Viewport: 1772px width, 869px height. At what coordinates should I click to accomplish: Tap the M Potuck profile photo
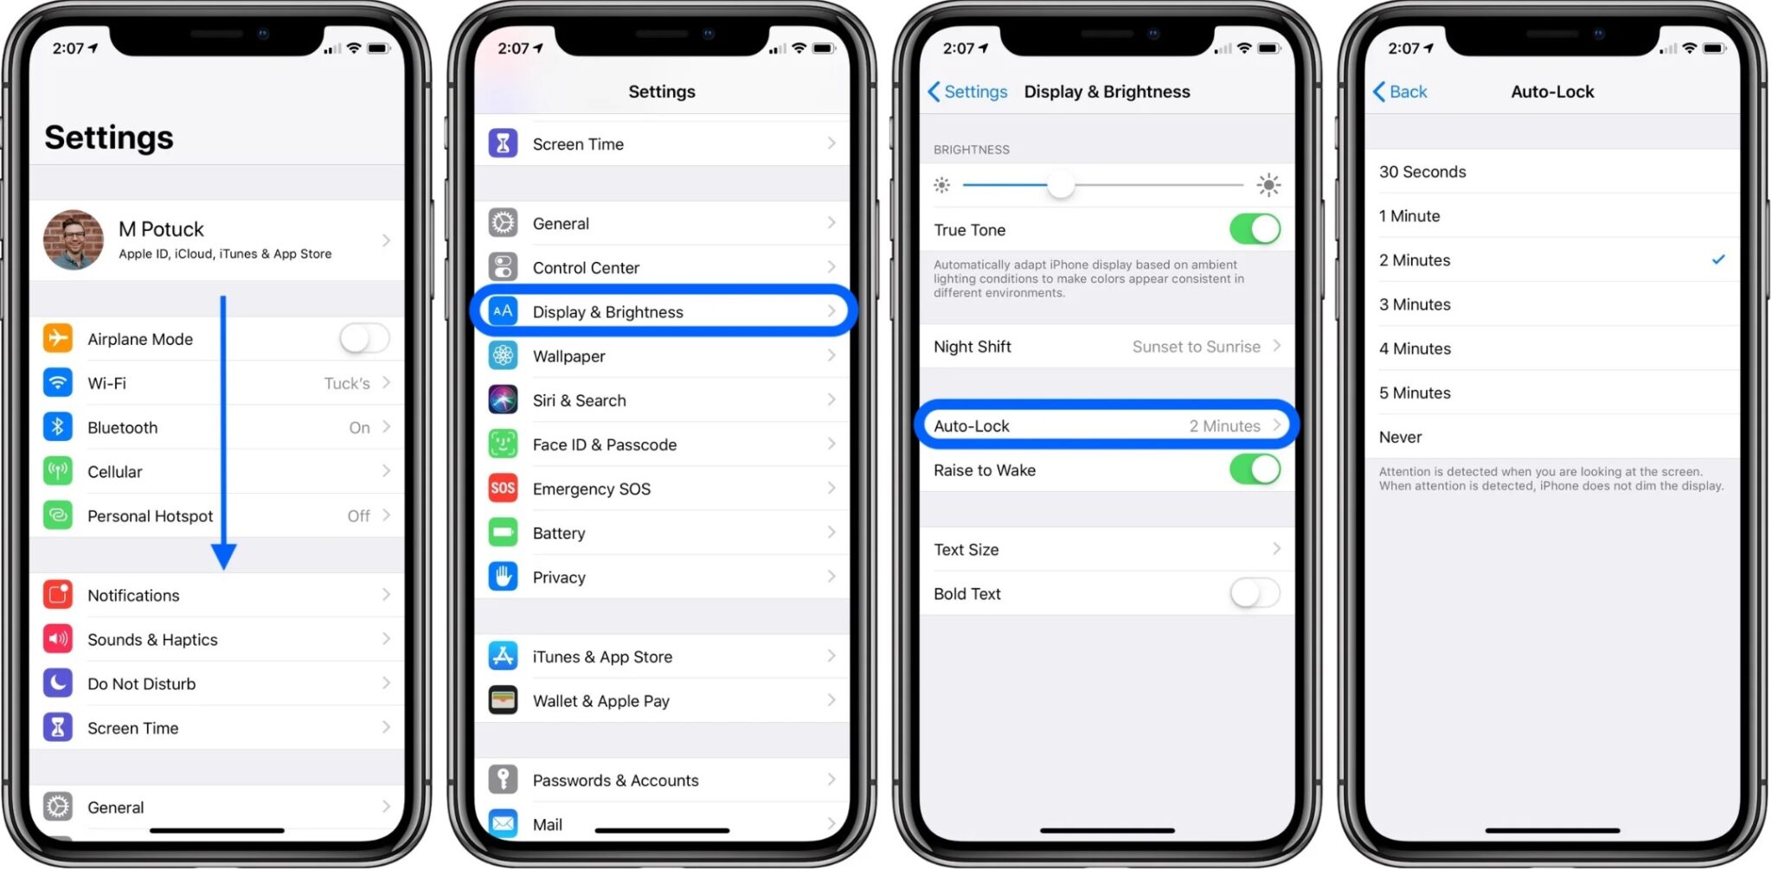click(74, 240)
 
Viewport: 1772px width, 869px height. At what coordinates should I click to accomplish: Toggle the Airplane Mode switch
click(364, 338)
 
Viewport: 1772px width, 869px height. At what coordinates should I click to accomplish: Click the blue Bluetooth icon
click(58, 426)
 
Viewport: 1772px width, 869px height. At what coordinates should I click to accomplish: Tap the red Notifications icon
click(58, 595)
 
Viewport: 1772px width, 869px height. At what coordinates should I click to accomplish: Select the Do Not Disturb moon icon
click(58, 683)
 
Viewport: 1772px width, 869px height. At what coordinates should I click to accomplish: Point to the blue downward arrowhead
click(223, 556)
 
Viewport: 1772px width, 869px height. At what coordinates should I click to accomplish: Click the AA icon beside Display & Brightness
click(503, 311)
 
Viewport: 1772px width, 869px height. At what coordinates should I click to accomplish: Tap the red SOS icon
click(503, 489)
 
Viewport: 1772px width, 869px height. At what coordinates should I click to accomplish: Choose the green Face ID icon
click(503, 444)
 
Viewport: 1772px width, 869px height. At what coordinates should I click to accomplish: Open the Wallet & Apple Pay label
click(600, 701)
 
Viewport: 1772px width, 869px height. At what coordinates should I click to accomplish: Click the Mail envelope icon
click(503, 822)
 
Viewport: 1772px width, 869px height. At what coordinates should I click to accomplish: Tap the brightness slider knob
click(1061, 185)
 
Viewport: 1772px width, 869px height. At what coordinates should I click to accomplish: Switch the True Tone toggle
click(1255, 230)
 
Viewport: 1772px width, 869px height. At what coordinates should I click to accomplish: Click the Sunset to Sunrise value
click(1196, 347)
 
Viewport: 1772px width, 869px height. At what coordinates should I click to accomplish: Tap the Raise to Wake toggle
click(1255, 470)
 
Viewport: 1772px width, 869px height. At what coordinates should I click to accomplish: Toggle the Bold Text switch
click(1255, 593)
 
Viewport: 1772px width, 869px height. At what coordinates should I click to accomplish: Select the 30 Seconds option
click(1422, 172)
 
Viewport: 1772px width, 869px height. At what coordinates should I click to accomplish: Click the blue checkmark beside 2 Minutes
click(1718, 259)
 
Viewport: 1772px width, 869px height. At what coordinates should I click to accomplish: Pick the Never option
click(1400, 438)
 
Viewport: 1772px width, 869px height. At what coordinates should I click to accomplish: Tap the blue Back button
click(1400, 92)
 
